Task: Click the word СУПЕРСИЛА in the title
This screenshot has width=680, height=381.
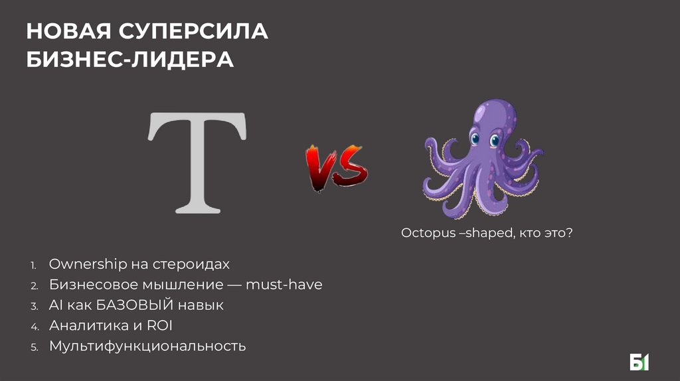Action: click(x=194, y=31)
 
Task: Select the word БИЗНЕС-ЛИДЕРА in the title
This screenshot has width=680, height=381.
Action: click(x=130, y=60)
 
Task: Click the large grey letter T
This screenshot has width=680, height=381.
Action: click(x=197, y=162)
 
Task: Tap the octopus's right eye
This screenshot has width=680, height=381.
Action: click(x=495, y=140)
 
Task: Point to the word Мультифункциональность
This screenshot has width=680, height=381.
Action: click(x=147, y=346)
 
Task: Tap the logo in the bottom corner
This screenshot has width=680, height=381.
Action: click(x=639, y=362)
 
